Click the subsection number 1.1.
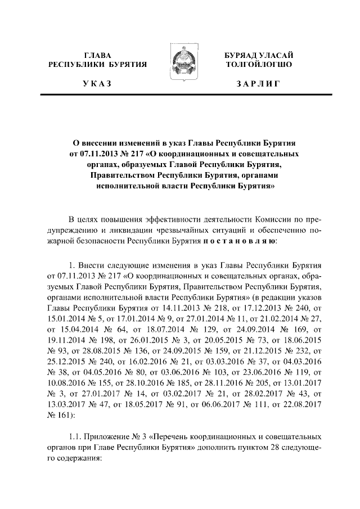coord(74,437)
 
